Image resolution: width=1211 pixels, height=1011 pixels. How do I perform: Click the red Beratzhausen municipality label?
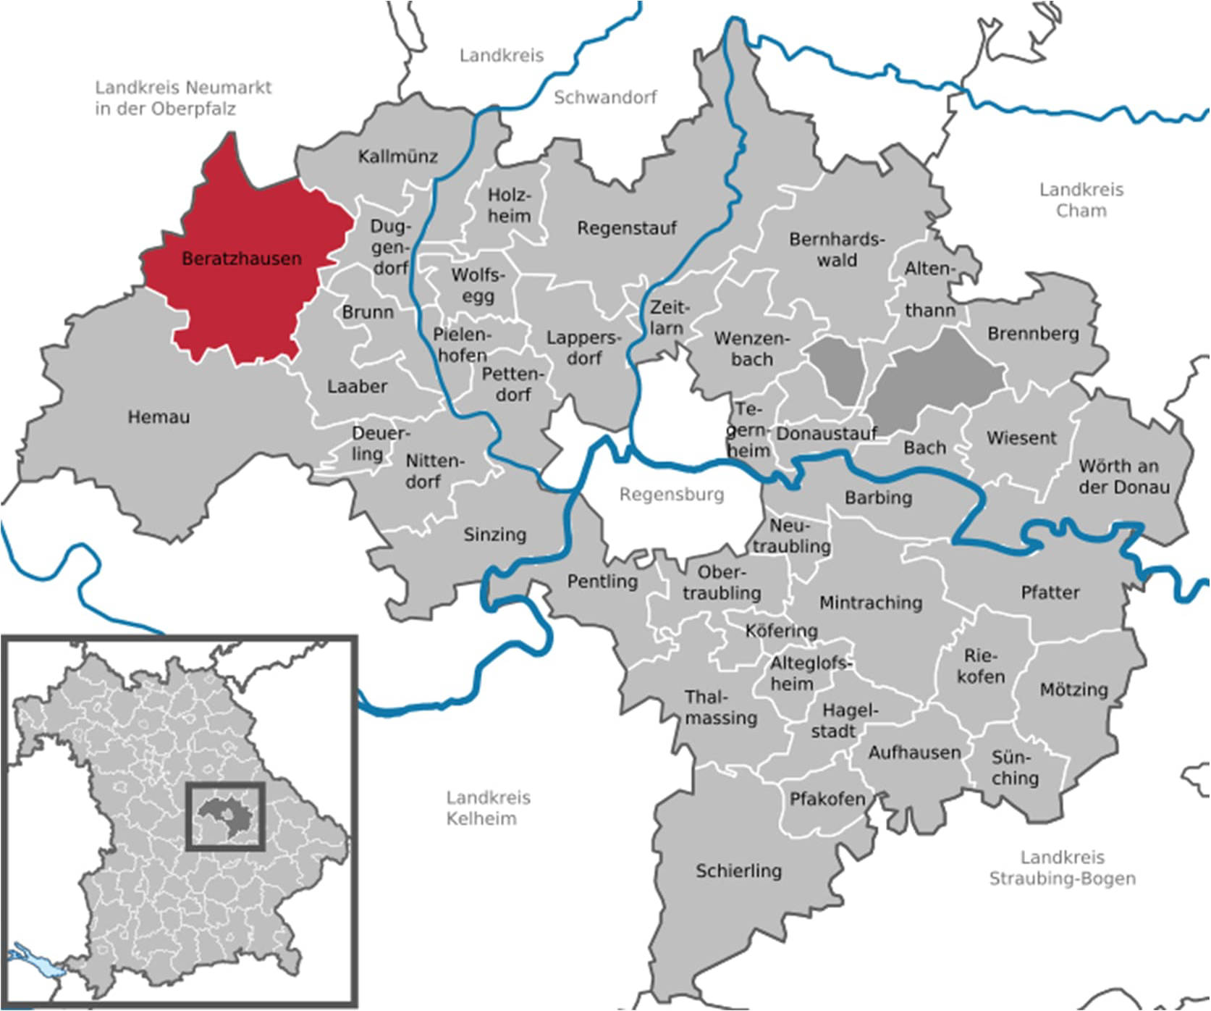pos(241,259)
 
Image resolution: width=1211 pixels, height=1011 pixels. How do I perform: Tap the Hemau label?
pos(159,417)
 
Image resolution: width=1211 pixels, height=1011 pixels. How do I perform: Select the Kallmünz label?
pos(397,156)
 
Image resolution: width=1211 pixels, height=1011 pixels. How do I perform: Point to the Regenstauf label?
pos(626,228)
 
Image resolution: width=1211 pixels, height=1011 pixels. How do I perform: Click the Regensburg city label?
pos(671,495)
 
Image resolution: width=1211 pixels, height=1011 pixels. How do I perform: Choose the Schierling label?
pos(738,871)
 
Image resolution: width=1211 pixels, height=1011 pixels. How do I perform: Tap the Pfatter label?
pos(1050,592)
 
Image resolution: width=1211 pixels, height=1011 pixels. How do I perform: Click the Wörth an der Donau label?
pos(1123,477)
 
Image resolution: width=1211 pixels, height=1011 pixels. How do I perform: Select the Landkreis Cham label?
pos(1081,200)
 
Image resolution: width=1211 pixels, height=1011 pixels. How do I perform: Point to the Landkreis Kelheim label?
pos(488,808)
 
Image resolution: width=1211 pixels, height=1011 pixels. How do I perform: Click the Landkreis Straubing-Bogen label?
pos(1062,868)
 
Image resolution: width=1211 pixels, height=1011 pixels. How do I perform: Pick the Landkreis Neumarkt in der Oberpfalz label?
pos(183,98)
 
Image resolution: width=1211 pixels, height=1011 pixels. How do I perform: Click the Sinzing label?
pos(494,534)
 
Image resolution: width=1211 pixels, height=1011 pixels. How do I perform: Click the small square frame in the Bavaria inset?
pos(226,815)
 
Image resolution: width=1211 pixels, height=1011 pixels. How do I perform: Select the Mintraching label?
pos(870,603)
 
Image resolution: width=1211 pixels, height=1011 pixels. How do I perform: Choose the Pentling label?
pos(602,582)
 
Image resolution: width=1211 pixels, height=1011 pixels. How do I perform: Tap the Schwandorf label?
pos(605,97)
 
